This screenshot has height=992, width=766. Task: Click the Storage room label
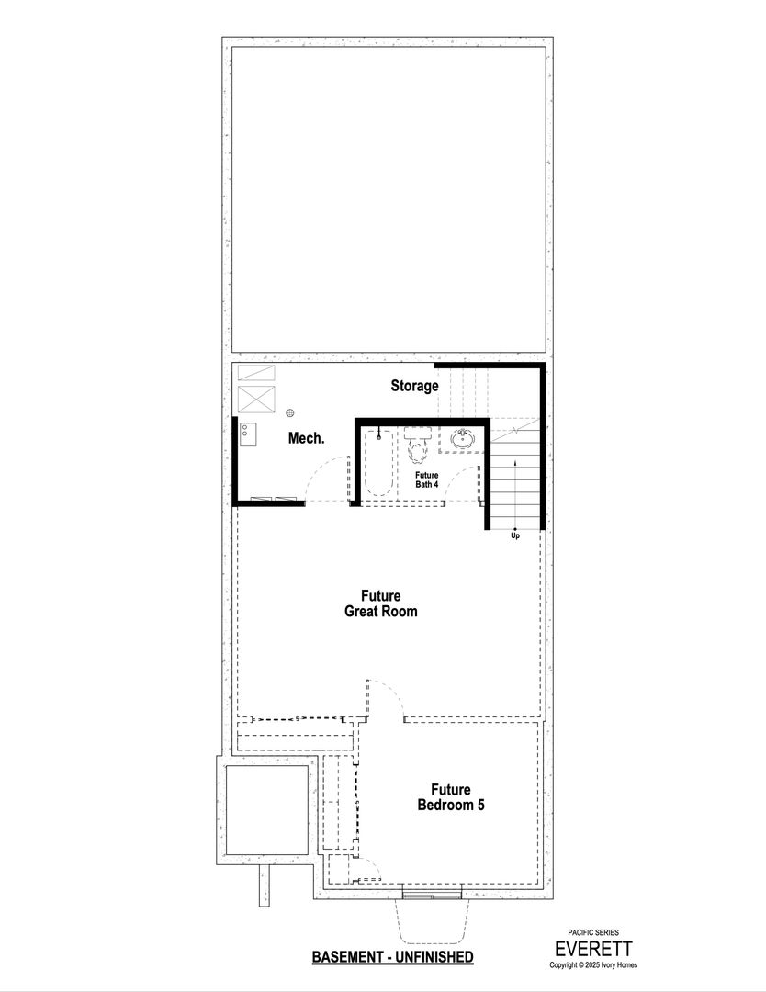pos(414,386)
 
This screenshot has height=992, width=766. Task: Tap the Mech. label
pos(306,438)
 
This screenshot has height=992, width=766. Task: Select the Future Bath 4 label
pos(426,479)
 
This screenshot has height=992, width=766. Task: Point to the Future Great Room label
pos(381,603)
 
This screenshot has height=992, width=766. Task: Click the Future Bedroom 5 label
pos(451,797)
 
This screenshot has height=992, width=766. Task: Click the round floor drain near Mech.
pos(290,412)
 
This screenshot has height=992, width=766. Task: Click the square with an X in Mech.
pos(256,400)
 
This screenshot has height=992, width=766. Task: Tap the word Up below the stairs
pos(515,535)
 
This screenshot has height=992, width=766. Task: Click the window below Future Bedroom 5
pos(432,894)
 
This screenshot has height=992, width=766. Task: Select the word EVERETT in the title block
pos(593,949)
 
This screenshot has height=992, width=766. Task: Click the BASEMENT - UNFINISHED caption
pos(392,956)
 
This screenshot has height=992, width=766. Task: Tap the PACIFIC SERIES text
pos(593,932)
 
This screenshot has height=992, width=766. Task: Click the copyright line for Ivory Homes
pos(593,964)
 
